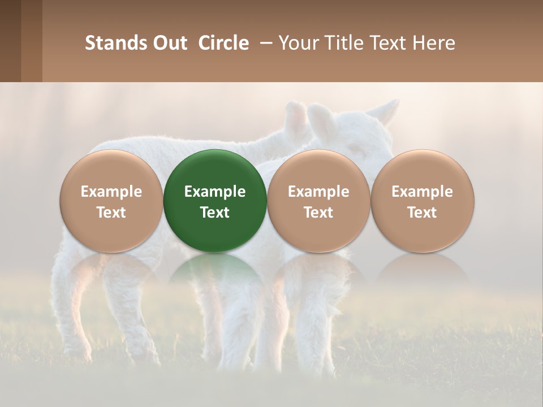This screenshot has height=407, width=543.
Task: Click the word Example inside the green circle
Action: point(215,192)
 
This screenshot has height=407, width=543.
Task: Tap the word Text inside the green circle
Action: point(215,212)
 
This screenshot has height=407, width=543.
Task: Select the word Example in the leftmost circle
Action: point(111,192)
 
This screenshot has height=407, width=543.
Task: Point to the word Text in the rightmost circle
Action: point(423,212)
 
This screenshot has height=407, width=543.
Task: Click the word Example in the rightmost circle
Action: point(423,192)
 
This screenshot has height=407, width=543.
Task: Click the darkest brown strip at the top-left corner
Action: point(10,41)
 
